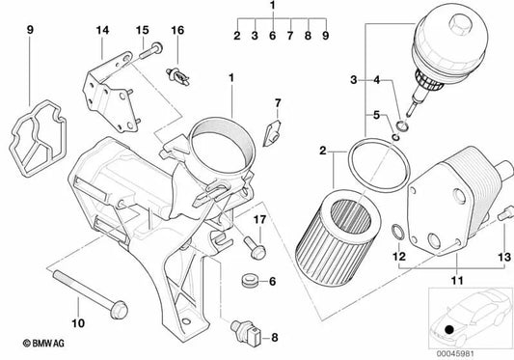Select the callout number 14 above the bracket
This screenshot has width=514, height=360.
103,31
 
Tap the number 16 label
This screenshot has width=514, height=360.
176,31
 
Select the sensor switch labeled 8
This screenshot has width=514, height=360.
250,333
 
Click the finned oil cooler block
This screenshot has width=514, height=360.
454,199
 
